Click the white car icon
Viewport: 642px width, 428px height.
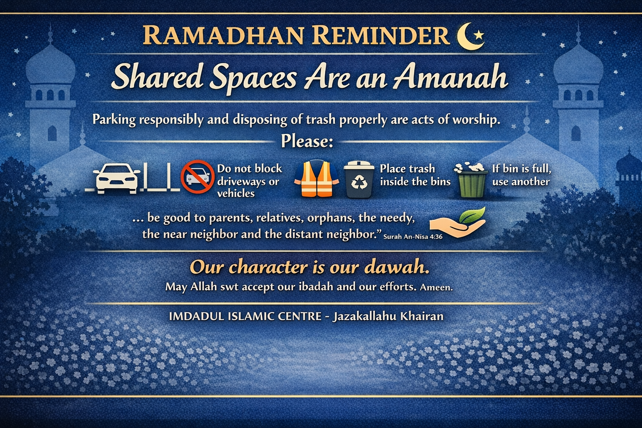(116, 178)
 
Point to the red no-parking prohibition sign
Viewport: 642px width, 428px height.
(197, 176)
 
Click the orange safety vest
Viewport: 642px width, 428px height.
(316, 178)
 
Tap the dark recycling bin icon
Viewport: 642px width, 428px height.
(359, 179)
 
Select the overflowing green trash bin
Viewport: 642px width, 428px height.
(471, 180)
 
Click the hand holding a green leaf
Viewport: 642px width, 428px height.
(458, 223)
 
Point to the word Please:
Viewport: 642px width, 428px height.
(307, 141)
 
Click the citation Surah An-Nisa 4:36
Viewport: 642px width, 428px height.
(413, 237)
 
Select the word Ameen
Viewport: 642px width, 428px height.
(436, 287)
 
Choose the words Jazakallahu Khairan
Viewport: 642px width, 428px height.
(388, 316)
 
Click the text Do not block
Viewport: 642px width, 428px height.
(250, 168)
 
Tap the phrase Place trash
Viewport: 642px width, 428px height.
(407, 169)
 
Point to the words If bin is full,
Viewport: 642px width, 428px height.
(522, 168)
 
